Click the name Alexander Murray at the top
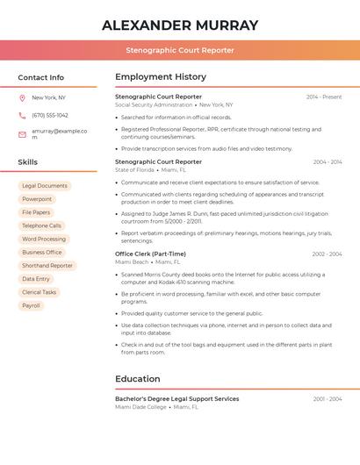[180, 25]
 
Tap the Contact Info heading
[40, 77]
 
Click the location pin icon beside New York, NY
[22, 97]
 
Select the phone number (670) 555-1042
[50, 115]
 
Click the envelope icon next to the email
[22, 134]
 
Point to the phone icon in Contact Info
[22, 115]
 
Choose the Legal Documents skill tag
[44, 186]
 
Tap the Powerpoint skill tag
[37, 199]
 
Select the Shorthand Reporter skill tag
[47, 265]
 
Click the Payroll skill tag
[31, 305]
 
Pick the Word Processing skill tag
[44, 239]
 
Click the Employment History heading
[161, 77]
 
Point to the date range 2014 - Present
[324, 97]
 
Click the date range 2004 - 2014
[328, 162]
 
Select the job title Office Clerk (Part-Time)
[150, 254]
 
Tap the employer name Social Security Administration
[154, 104]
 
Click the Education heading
[138, 379]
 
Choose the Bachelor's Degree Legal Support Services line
[176, 398]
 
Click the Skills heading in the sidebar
[28, 162]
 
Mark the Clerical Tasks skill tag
[39, 292]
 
